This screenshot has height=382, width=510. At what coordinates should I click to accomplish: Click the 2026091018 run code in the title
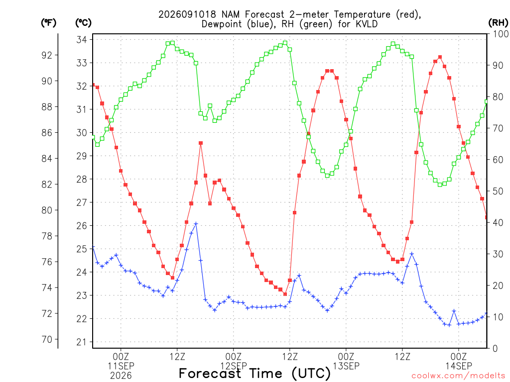[x=188, y=14]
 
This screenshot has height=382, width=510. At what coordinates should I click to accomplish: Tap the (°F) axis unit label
[x=48, y=23]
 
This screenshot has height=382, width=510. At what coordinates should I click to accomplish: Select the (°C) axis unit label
[x=83, y=23]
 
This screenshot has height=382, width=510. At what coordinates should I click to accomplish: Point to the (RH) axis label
[x=498, y=23]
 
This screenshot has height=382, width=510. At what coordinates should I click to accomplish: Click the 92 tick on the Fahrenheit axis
[x=47, y=55]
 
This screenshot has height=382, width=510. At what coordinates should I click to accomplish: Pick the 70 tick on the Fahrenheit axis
[x=47, y=339]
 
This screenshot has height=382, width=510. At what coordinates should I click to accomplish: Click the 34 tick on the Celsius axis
[x=82, y=40]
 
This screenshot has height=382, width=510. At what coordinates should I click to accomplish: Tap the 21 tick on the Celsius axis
[x=82, y=342]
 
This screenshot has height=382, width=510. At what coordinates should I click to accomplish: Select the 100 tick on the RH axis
[x=501, y=34]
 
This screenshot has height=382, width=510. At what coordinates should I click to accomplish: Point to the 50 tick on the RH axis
[x=498, y=191]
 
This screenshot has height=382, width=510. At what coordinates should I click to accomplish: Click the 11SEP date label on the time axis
[x=121, y=366]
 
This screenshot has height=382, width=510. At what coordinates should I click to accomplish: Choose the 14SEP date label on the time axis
[x=459, y=366]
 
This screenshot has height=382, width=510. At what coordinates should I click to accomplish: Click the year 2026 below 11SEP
[x=121, y=376]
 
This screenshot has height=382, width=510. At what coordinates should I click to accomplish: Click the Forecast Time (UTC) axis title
[x=255, y=374]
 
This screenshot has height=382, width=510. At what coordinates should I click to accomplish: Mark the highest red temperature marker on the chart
[x=440, y=57]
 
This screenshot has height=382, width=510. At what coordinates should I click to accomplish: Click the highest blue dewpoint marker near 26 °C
[x=196, y=224]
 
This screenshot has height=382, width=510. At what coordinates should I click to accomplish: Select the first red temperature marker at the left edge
[x=93, y=85]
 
